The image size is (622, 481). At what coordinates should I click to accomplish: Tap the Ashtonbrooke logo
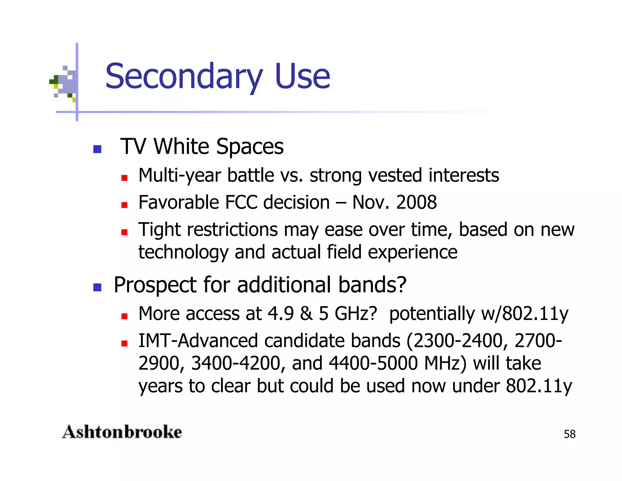(x=122, y=432)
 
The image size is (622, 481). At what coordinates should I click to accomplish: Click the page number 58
(x=569, y=434)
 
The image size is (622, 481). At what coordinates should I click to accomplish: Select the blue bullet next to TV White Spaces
(x=97, y=149)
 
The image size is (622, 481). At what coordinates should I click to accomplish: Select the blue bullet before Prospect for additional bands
(x=97, y=287)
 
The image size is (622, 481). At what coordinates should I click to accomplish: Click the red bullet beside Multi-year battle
(x=124, y=178)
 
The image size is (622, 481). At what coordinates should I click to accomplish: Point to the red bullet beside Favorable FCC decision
(x=124, y=205)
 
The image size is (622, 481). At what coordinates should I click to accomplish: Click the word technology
(x=183, y=252)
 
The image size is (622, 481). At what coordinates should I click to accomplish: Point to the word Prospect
(x=155, y=285)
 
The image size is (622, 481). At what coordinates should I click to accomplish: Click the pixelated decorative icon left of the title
(x=64, y=83)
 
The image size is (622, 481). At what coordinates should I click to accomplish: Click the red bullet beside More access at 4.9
(x=124, y=316)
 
